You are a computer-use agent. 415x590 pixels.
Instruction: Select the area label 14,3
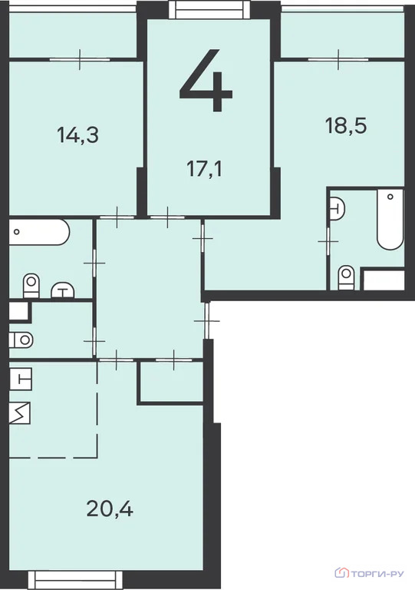78,135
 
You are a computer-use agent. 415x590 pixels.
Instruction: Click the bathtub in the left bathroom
38,232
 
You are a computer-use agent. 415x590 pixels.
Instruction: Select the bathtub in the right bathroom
390,220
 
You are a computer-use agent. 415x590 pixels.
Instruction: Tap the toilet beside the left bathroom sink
31,285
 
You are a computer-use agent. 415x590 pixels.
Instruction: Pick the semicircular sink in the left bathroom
63,290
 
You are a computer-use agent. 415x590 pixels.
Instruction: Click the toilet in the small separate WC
21,339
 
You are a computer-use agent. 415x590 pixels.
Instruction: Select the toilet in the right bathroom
347,276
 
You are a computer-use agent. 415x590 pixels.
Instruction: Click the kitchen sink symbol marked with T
21,379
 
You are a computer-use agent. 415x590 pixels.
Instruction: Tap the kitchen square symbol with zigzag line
21,413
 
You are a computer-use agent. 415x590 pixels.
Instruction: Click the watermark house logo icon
342,572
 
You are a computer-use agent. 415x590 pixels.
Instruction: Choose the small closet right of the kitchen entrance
170,382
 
